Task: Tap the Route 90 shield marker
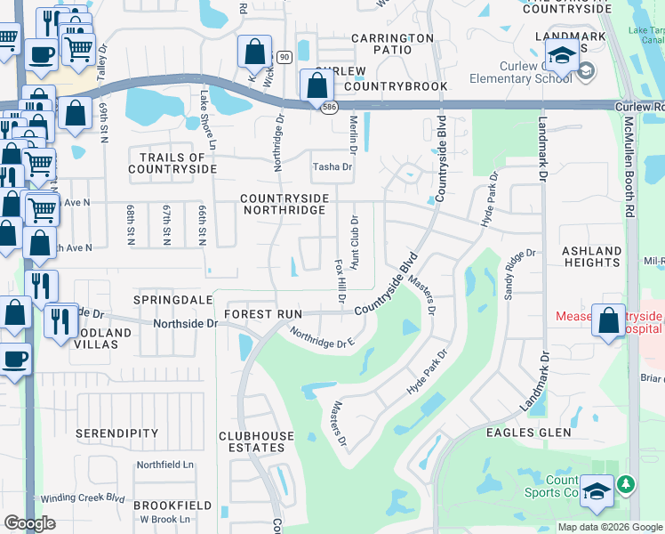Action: [x=283, y=57]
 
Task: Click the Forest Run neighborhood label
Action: [x=263, y=314]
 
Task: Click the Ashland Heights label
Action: [x=591, y=256]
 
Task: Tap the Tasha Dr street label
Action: [x=332, y=166]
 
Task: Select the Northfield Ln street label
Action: [x=164, y=465]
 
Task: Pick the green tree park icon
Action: [x=627, y=483]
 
